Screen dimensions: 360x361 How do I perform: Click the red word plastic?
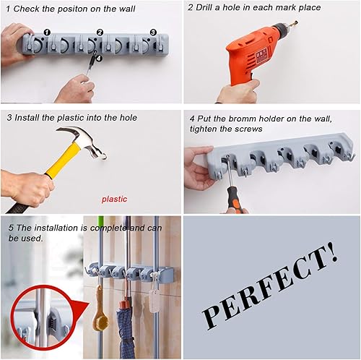[x=113, y=198]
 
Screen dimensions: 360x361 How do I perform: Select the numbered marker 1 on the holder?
[x=47, y=33]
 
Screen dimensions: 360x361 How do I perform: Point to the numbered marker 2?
[x=100, y=33]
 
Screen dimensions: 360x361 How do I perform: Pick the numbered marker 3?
[x=153, y=33]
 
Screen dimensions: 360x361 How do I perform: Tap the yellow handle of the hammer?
[x=58, y=162]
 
